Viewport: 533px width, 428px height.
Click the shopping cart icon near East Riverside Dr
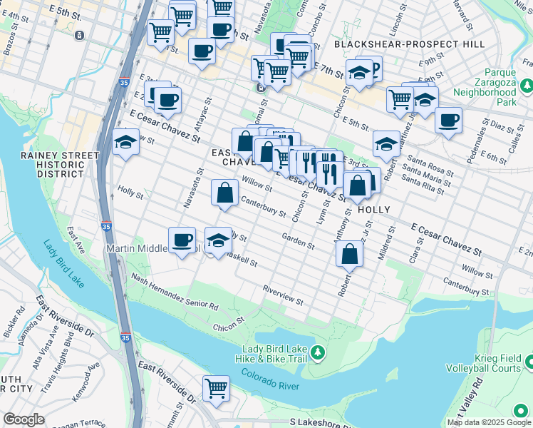click(216, 389)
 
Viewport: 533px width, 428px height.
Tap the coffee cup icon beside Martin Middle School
click(182, 240)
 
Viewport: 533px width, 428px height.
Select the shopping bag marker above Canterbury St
click(224, 192)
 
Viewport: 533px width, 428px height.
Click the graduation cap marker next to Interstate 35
click(125, 142)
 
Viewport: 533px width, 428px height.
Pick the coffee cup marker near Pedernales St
click(448, 120)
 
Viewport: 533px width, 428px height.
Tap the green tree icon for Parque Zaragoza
click(527, 86)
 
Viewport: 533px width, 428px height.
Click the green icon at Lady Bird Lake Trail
click(321, 352)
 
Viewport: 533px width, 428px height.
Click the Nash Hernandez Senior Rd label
click(174, 293)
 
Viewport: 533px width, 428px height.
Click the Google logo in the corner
click(24, 419)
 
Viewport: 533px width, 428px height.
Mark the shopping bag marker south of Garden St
click(349, 253)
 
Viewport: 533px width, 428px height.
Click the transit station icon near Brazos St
click(78, 35)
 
